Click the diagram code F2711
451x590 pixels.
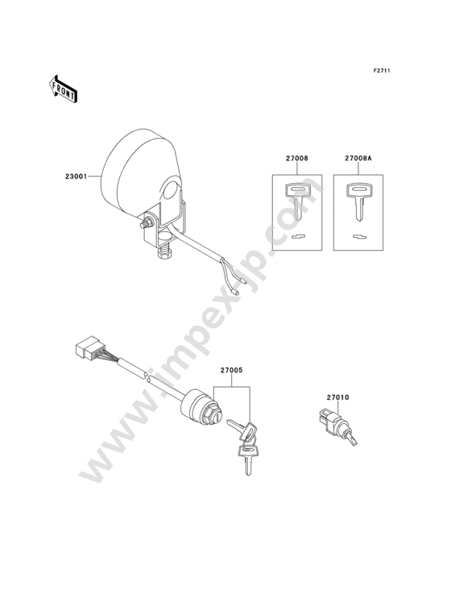click(382, 70)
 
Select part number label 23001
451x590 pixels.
click(77, 176)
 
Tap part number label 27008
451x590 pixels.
click(297, 159)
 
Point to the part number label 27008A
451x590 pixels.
click(358, 159)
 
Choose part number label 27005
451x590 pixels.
click(231, 370)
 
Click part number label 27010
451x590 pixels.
click(338, 397)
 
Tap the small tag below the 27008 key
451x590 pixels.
click(299, 236)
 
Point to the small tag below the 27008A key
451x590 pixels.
click(359, 236)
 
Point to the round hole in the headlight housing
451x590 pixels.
click(171, 192)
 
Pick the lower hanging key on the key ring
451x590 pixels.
click(247, 458)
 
